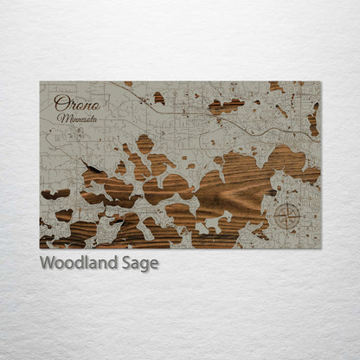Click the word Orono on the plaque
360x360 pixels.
pyautogui.click(x=76, y=103)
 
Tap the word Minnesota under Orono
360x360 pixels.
pyautogui.click(x=77, y=117)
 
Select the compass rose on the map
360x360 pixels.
pyautogui.click(x=286, y=215)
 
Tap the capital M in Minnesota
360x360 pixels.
pyautogui.click(x=61, y=116)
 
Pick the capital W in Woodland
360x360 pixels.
pyautogui.click(x=47, y=263)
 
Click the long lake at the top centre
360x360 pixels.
pyautogui.click(x=226, y=106)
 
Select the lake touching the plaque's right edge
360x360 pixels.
pyautogui.click(x=313, y=121)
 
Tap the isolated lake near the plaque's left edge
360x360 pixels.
pyautogui.click(x=55, y=194)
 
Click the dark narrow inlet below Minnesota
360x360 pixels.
pyautogui.click(x=91, y=164)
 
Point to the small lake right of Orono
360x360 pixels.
pyautogui.click(x=158, y=98)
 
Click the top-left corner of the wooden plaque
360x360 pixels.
pyautogui.click(x=40, y=82)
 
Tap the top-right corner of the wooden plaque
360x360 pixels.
pyautogui.click(x=320, y=82)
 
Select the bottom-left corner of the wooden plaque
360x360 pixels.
pyautogui.click(x=40, y=248)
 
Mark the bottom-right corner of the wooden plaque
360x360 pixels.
pyautogui.click(x=320, y=248)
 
